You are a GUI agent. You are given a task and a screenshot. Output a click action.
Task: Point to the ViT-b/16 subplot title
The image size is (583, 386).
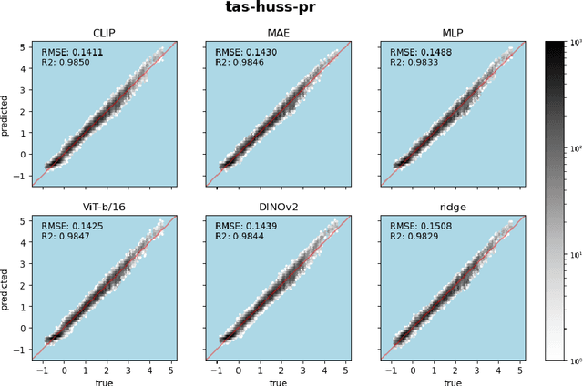pyautogui.click(x=101, y=207)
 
